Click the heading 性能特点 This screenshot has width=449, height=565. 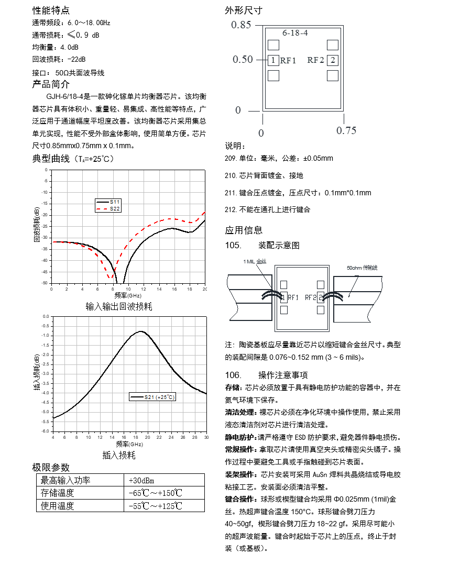[50, 10]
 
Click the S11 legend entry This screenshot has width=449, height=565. [114, 202]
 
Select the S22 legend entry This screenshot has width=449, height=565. [114, 208]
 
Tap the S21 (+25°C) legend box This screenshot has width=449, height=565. [152, 397]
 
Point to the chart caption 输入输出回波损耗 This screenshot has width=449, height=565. [118, 306]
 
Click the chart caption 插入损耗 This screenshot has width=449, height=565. [118, 455]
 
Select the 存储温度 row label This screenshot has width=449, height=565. [58, 493]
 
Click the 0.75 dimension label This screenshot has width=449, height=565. [346, 130]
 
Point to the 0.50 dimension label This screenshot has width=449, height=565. [243, 60]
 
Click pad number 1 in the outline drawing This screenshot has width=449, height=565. [273, 60]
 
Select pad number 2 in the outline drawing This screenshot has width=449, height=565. [332, 60]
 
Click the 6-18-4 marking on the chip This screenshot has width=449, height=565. [295, 33]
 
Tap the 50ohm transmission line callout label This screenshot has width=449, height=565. [362, 268]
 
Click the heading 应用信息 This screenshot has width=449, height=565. [244, 230]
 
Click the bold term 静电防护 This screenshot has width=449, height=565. [240, 437]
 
